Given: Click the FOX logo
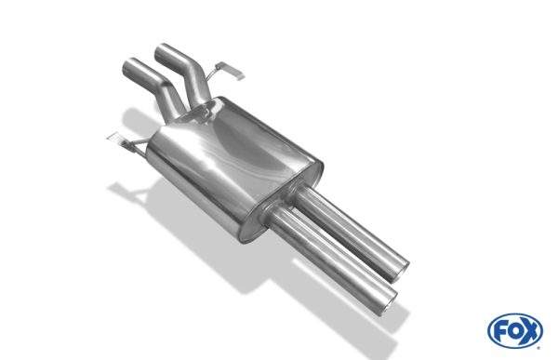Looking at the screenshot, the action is (515, 330).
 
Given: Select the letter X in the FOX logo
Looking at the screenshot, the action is (530, 331).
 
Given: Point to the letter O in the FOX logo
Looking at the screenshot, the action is (514, 331).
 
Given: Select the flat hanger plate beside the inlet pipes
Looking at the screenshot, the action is (230, 71).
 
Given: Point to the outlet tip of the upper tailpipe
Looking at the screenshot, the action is (404, 272).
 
